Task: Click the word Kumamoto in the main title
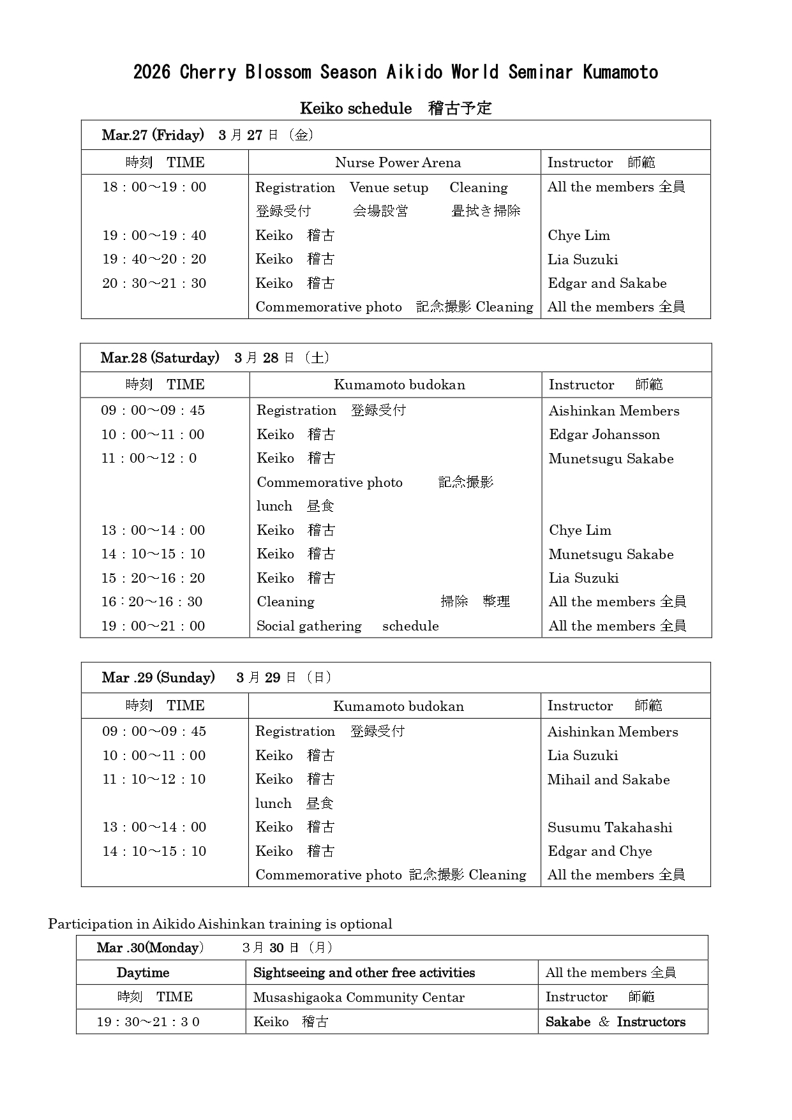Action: [x=620, y=72]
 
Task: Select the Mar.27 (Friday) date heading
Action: [x=153, y=135]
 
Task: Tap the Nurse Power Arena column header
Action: [x=398, y=163]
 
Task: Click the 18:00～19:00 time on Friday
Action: [x=154, y=187]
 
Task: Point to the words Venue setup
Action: [x=389, y=188]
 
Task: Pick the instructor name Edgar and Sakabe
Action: [x=607, y=283]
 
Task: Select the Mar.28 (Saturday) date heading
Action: [x=160, y=358]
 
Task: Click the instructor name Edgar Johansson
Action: [x=604, y=435]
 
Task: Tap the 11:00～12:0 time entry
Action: [x=149, y=458]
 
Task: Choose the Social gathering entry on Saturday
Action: [x=309, y=626]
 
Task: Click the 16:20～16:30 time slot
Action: [x=152, y=602]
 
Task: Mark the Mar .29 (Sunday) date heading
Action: [x=158, y=678]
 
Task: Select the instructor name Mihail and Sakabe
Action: [x=608, y=780]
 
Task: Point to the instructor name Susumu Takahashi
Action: [x=609, y=828]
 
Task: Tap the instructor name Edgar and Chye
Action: [x=599, y=851]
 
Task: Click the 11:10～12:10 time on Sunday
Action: [x=154, y=779]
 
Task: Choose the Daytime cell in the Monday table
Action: [x=143, y=973]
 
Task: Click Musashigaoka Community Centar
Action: [x=359, y=997]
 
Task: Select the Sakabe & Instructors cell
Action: [x=615, y=1022]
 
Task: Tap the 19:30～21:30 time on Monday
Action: [x=148, y=1022]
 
